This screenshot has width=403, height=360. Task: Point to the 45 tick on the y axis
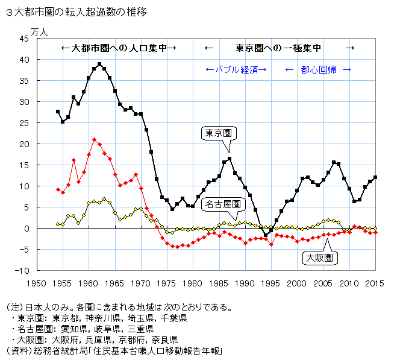(x=24, y=39)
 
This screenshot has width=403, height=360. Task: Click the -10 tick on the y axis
(x=22, y=270)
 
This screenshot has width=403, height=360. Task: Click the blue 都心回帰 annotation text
(x=318, y=69)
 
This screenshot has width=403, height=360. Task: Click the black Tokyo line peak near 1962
(x=99, y=64)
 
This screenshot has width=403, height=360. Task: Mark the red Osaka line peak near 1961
(x=94, y=140)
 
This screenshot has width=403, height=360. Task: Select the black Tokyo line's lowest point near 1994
(x=266, y=235)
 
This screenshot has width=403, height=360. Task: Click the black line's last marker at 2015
(x=376, y=177)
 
